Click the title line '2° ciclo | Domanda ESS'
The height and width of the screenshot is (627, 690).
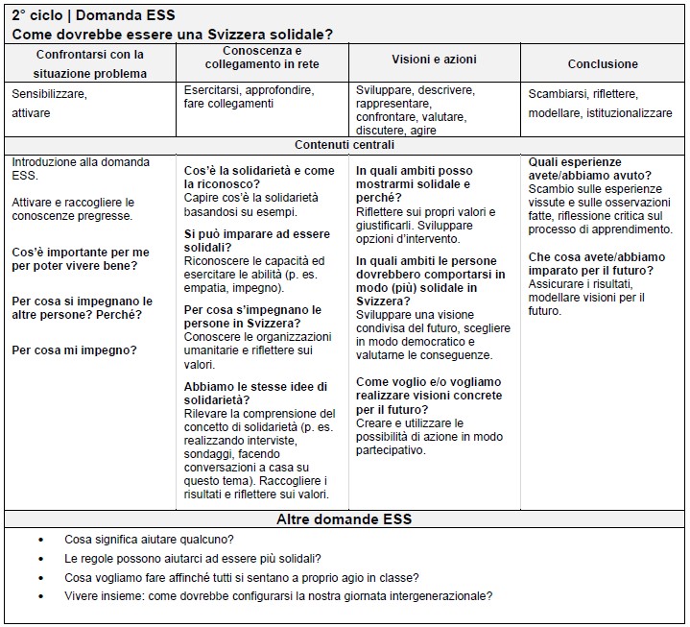coord(93,15)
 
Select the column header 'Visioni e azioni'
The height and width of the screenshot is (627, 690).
coord(434,59)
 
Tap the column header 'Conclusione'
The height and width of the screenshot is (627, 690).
coord(603,64)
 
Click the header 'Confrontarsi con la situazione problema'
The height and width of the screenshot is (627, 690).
coord(89,63)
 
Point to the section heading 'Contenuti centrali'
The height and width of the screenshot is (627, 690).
coord(345,146)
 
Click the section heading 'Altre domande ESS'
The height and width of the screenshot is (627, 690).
coord(344,519)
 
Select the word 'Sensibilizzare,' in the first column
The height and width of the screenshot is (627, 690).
coord(49,94)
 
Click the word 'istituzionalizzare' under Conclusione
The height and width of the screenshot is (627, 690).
coord(626,112)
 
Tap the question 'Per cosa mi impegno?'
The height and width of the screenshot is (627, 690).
coord(74,350)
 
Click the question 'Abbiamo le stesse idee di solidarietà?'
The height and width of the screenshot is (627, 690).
coord(255,393)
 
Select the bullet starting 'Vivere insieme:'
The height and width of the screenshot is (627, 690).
coord(278,595)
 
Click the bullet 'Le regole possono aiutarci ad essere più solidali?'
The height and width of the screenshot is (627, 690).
coord(193,558)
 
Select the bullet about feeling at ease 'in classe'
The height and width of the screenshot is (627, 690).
coord(242,577)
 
